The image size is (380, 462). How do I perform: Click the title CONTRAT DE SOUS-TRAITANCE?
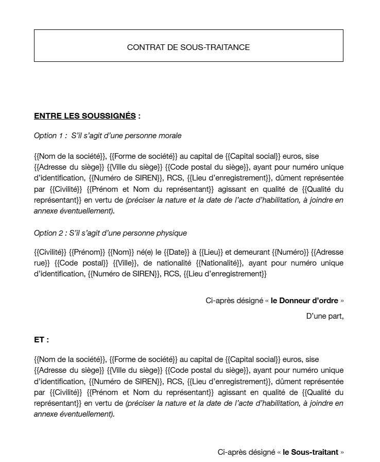click(188, 47)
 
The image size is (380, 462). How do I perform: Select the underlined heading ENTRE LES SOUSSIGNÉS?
click(85, 116)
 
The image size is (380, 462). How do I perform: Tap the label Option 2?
click(50, 233)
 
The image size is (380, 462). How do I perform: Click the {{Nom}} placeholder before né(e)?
click(120, 252)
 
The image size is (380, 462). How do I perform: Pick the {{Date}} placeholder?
click(175, 252)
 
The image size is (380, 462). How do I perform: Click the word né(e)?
click(145, 252)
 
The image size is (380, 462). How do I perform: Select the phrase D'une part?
click(324, 316)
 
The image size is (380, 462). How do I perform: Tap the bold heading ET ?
click(42, 340)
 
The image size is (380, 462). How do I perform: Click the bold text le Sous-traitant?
click(310, 452)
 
